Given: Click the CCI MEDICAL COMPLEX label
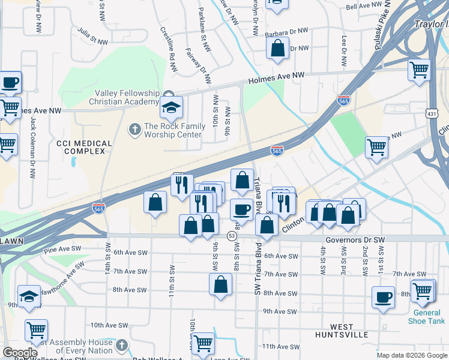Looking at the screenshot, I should tap(84, 148).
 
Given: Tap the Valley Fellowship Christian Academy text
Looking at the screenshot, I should tap(127, 97).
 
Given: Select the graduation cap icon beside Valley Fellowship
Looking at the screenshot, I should tap(171, 108).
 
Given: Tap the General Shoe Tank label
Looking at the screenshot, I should tap(429, 317).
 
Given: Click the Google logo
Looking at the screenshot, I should tap(20, 353).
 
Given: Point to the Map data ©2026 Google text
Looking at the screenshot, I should tap(411, 355).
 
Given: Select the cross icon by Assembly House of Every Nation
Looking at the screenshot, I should tap(122, 345).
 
